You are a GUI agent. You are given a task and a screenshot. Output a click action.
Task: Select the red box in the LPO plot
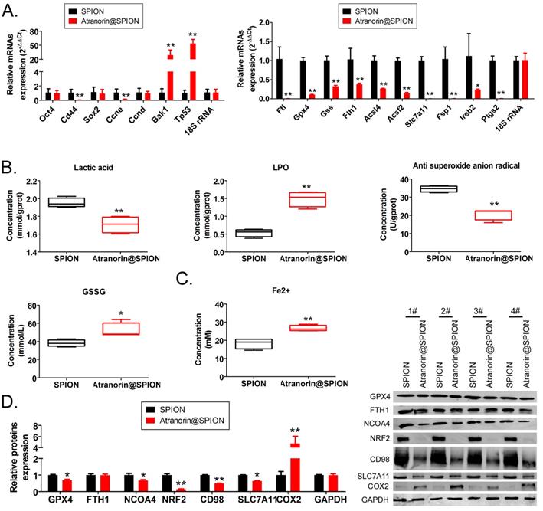tap(290, 200)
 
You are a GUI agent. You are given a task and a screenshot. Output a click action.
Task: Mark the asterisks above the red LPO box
tap(290, 186)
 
